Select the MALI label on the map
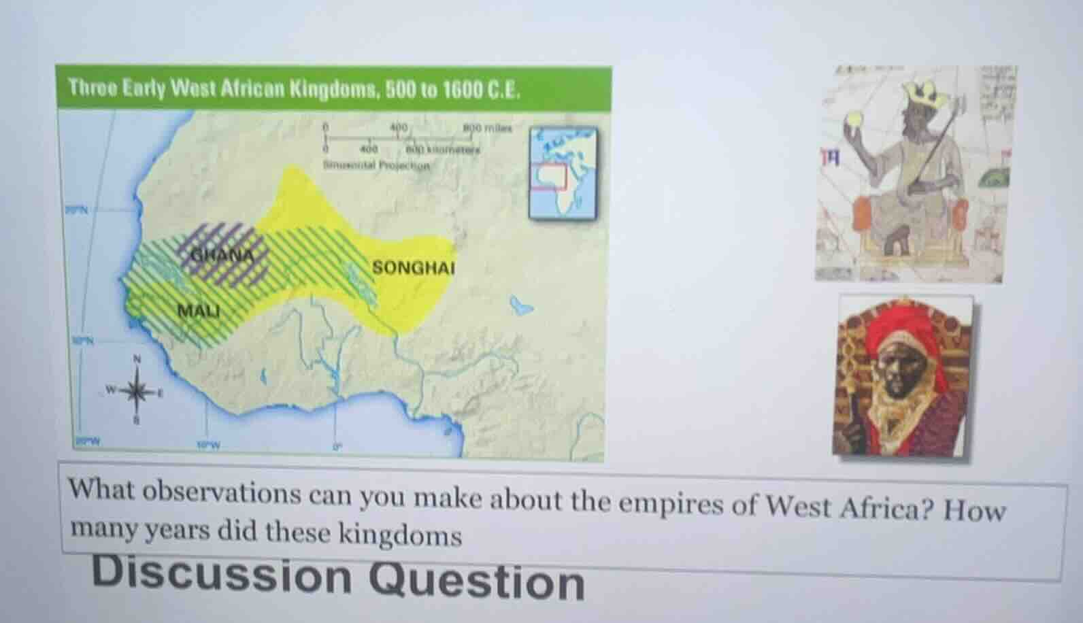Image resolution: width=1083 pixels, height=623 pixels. pos(199,311)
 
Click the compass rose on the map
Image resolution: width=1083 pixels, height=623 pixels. pos(137,391)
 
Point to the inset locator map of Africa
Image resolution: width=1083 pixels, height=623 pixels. pos(563,174)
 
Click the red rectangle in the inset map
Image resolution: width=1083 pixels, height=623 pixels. pos(549,176)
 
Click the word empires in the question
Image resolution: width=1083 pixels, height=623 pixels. pos(669,504)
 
